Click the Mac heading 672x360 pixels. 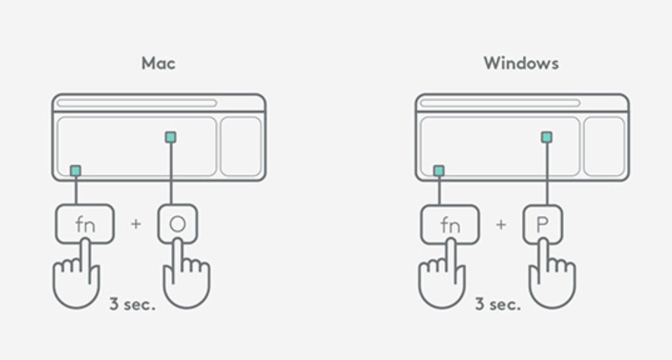[158, 63]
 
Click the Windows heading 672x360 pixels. [521, 63]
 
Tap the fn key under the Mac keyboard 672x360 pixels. [85, 224]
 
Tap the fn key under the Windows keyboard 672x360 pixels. [450, 224]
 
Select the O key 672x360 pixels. [178, 224]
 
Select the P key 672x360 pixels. [543, 224]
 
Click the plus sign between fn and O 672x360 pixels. [136, 224]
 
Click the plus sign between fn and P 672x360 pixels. [501, 225]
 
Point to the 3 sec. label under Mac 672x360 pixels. [132, 304]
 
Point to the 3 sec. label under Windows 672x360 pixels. [498, 304]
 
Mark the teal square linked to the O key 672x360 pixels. [171, 137]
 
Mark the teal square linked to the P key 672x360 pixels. [546, 137]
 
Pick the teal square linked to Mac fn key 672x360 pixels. [76, 171]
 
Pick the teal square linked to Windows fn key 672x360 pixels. [439, 171]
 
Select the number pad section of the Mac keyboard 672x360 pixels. [241, 146]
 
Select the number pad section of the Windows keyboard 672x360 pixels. [604, 146]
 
